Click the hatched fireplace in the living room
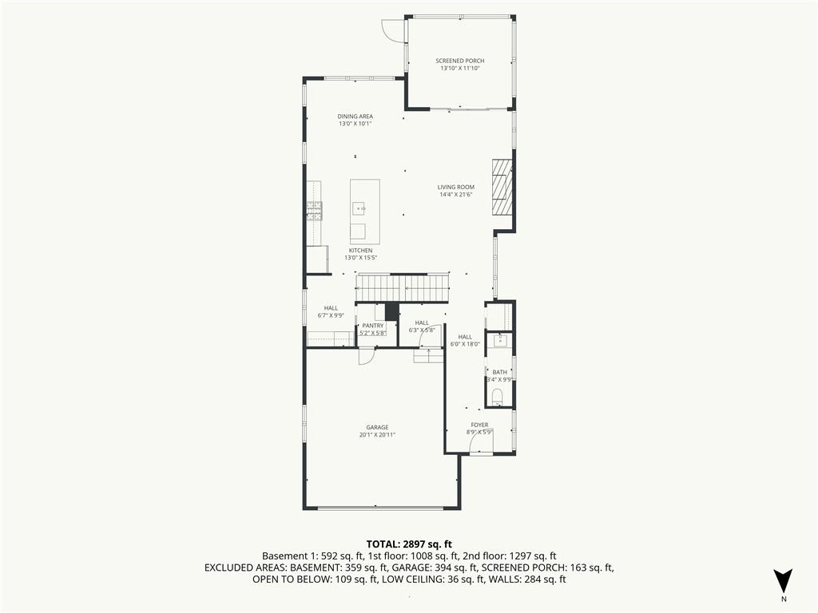pos(502,187)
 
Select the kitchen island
pos(364,212)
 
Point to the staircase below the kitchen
pos(403,288)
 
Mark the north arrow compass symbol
pos(783,581)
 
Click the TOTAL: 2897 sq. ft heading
pos(409,545)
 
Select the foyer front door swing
pos(482,444)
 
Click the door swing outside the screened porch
pos(393,30)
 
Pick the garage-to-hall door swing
pos(367,357)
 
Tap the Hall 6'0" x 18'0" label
pos(465,340)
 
